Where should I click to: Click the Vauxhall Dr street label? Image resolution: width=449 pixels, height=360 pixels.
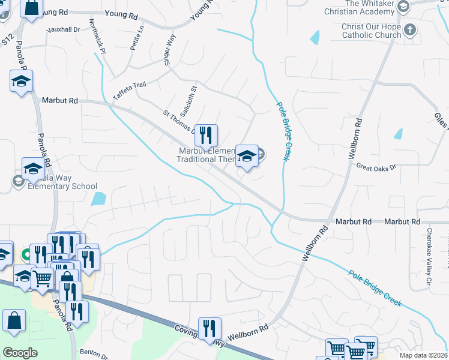tap(64, 29)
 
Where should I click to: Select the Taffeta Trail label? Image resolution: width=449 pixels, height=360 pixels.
tap(129, 91)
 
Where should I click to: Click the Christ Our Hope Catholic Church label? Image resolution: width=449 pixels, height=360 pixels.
tap(372, 31)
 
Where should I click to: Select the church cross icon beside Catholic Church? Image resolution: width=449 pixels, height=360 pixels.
tap(410, 29)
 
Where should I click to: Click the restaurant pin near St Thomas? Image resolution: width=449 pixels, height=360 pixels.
tap(206, 135)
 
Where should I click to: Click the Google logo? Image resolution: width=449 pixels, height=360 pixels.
tap(20, 353)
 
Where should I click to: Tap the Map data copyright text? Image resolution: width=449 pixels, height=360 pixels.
tap(423, 355)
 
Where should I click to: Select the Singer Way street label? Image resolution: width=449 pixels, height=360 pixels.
tap(170, 50)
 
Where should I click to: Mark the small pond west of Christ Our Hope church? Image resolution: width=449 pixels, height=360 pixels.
tap(315, 37)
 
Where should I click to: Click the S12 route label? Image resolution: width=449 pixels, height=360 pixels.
tap(7, 40)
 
